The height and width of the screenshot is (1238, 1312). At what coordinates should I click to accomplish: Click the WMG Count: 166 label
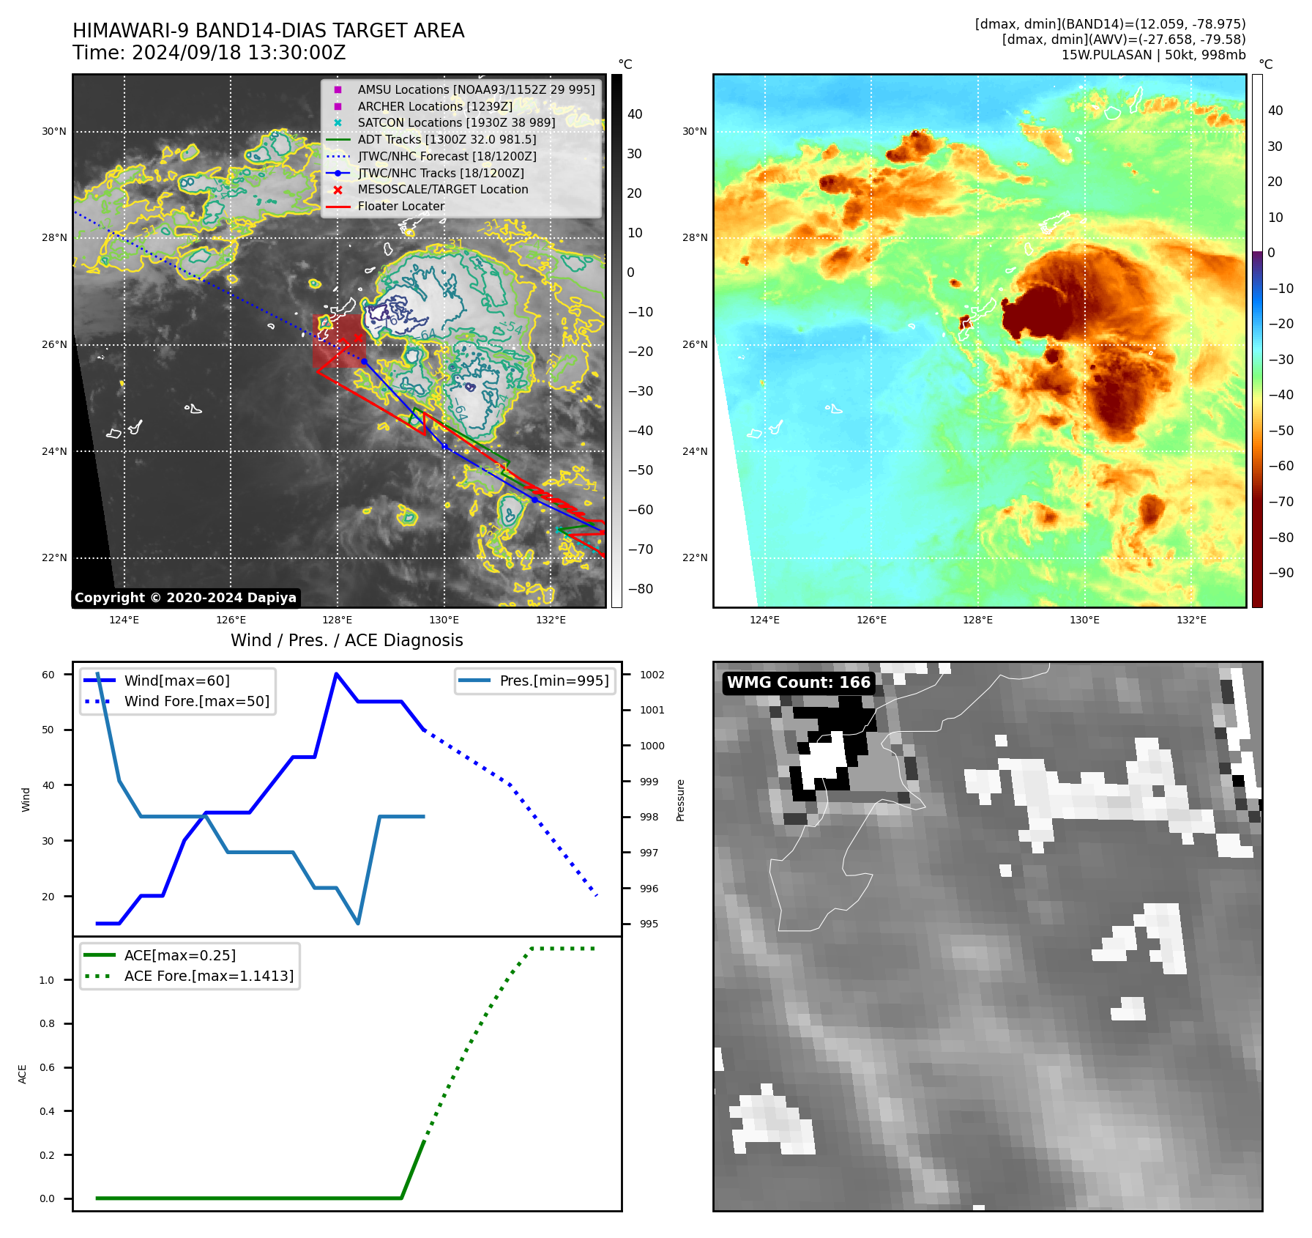point(798,683)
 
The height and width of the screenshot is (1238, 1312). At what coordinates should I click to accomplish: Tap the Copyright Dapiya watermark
point(185,598)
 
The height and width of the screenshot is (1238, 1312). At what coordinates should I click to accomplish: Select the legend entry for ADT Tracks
point(447,139)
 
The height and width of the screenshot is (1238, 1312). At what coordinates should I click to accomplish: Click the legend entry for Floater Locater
point(400,207)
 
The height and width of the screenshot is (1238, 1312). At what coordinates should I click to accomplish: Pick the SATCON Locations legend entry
point(456,122)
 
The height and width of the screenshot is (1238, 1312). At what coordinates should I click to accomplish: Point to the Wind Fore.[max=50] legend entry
point(196,701)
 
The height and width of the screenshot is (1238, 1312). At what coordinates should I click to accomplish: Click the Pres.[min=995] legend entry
point(553,681)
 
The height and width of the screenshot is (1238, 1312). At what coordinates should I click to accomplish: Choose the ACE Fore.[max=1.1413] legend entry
point(209,976)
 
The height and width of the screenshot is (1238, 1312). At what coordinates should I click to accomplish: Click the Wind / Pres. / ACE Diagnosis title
point(346,640)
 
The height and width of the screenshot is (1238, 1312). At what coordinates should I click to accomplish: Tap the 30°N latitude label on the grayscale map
point(53,132)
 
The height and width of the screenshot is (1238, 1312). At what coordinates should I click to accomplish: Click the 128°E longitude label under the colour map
point(977,620)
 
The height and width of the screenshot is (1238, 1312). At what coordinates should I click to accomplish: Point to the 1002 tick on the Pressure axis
point(652,675)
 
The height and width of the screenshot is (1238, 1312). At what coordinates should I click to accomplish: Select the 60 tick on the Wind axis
point(48,675)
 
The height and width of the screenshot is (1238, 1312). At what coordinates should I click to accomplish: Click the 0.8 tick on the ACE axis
point(47,1023)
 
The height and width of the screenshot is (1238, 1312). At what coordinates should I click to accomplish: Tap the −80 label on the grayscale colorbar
point(640,589)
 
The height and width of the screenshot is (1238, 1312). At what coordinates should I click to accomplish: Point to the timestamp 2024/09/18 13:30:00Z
point(239,53)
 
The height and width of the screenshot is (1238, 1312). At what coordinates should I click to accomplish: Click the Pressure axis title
point(680,800)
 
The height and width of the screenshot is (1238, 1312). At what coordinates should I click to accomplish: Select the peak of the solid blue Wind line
point(336,673)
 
